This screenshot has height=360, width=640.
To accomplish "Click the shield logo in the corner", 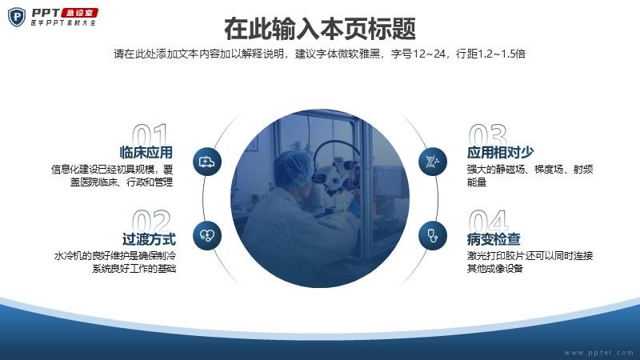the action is pyautogui.click(x=16, y=17).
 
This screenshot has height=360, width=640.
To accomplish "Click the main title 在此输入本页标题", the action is pyautogui.click(x=320, y=29).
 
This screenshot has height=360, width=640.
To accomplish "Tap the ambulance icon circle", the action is pyautogui.click(x=207, y=162).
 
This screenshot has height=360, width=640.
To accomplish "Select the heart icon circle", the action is pyautogui.click(x=207, y=235).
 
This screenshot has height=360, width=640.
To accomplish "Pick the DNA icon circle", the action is pyautogui.click(x=433, y=162).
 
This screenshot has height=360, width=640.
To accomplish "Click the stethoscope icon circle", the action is pyautogui.click(x=433, y=235).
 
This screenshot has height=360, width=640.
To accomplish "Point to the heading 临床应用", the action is pyautogui.click(x=146, y=152).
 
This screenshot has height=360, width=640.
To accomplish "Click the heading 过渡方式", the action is pyautogui.click(x=149, y=238).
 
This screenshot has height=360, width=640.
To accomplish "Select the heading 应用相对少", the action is pyautogui.click(x=501, y=152).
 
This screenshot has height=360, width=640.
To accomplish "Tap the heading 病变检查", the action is pyautogui.click(x=494, y=238).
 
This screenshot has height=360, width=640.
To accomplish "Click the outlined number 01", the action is pyautogui.click(x=150, y=134).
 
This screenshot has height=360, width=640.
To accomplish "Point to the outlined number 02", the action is pyautogui.click(x=151, y=221).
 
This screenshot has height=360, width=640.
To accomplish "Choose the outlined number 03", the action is pyautogui.click(x=488, y=134).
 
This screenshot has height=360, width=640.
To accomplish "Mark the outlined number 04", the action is pyautogui.click(x=489, y=221).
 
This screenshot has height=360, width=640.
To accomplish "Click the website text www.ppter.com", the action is pyautogui.click(x=598, y=352).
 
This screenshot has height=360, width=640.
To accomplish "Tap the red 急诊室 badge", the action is pyautogui.click(x=79, y=13).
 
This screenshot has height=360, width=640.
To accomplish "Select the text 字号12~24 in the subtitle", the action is pyautogui.click(x=418, y=54).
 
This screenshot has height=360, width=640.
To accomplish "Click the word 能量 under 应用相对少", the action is pyautogui.click(x=477, y=182).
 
